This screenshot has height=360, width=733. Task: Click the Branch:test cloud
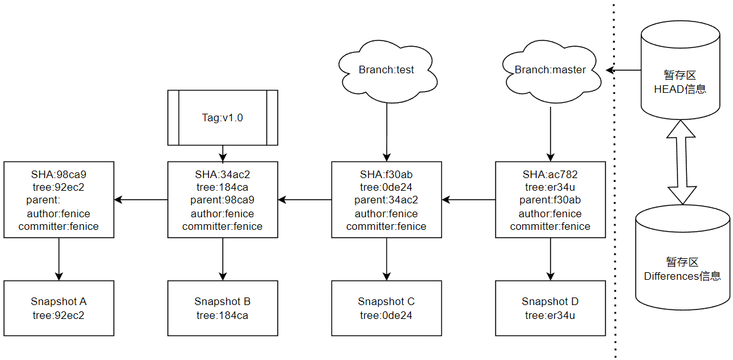pyautogui.click(x=386, y=70)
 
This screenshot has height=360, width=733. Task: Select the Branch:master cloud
pyautogui.click(x=550, y=70)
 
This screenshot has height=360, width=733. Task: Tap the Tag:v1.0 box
pyautogui.click(x=222, y=118)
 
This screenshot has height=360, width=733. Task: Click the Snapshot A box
pyautogui.click(x=59, y=308)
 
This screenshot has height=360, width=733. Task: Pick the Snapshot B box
pyautogui.click(x=222, y=308)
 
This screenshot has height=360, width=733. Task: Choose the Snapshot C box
pyautogui.click(x=386, y=308)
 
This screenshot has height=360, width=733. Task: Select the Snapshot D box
pyautogui.click(x=550, y=308)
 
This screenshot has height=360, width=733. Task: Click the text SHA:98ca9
pyautogui.click(x=59, y=174)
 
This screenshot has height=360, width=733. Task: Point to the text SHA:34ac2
pyautogui.click(x=222, y=174)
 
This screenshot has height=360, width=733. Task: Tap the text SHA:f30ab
pyautogui.click(x=386, y=174)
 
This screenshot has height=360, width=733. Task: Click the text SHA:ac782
pyautogui.click(x=550, y=174)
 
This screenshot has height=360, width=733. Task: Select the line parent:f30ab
pyautogui.click(x=550, y=200)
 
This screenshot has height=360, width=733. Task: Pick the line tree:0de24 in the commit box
pyautogui.click(x=386, y=187)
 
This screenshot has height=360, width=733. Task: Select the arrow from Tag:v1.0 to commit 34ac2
pyautogui.click(x=222, y=153)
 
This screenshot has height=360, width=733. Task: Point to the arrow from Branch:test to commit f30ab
pyautogui.click(x=386, y=129)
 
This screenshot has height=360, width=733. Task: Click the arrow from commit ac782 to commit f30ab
pyautogui.click(x=468, y=200)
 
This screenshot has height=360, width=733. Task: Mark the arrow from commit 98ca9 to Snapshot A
pyautogui.click(x=59, y=259)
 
